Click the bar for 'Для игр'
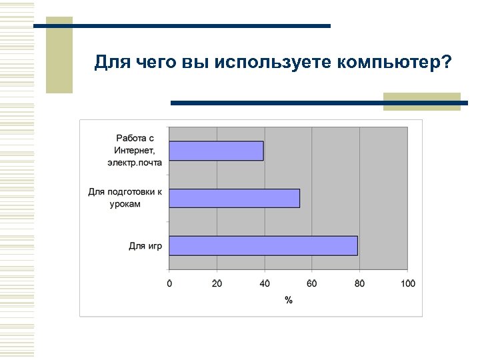(x=263, y=246)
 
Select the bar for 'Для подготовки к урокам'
(x=235, y=198)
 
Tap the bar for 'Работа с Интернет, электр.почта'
(x=216, y=151)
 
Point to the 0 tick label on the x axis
(x=169, y=283)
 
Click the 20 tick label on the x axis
(x=217, y=283)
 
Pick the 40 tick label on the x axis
(x=265, y=283)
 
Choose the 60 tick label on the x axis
(x=312, y=283)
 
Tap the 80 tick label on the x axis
(x=360, y=283)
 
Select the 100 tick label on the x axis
(x=407, y=283)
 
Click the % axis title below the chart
(x=289, y=300)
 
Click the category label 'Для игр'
(x=145, y=247)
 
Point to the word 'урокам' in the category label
(x=125, y=204)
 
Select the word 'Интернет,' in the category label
(x=133, y=150)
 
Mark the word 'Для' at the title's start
(x=108, y=63)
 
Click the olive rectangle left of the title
(x=59, y=55)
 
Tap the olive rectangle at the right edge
(x=421, y=101)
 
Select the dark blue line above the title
(x=181, y=26)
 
